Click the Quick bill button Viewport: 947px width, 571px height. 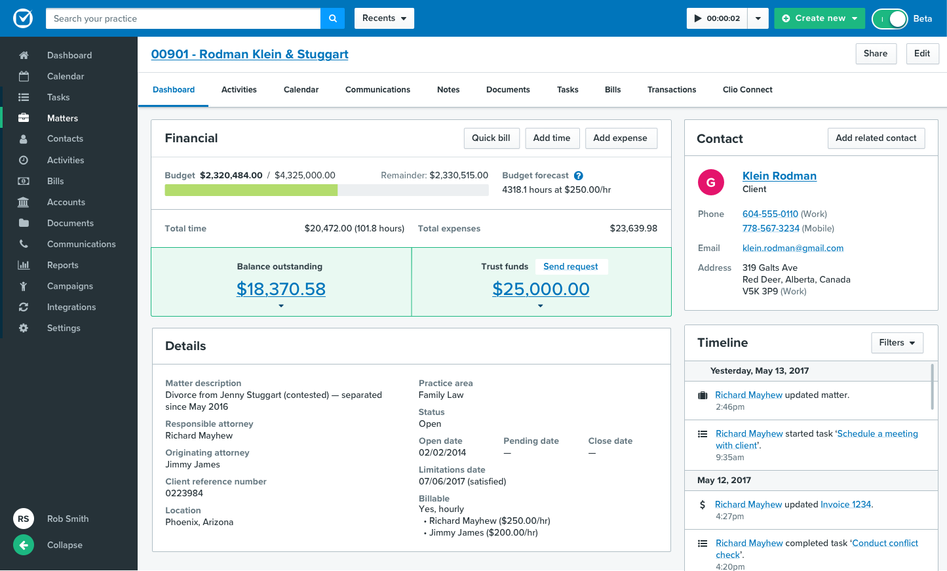pyautogui.click(x=491, y=138)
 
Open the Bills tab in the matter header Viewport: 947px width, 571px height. pyautogui.click(x=612, y=90)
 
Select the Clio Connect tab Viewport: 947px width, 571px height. pyautogui.click(x=747, y=90)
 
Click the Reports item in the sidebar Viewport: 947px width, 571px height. pyautogui.click(x=62, y=265)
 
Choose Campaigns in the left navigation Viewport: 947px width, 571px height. pyautogui.click(x=69, y=286)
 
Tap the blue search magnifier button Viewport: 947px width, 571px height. pyautogui.click(x=332, y=18)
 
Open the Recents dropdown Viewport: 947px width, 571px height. pyautogui.click(x=384, y=18)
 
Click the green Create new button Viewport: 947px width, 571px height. pyautogui.click(x=819, y=18)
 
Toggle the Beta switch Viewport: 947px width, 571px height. pyautogui.click(x=889, y=19)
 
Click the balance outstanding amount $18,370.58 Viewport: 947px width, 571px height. pyautogui.click(x=280, y=289)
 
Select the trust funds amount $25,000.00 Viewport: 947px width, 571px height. pyautogui.click(x=541, y=289)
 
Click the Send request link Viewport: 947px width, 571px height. pyautogui.click(x=570, y=267)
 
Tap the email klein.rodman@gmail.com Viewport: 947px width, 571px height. pyautogui.click(x=792, y=248)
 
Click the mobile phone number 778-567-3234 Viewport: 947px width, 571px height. pyautogui.click(x=771, y=228)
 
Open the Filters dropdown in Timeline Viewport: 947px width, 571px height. pyautogui.click(x=897, y=343)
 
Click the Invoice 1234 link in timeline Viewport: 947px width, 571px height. pyautogui.click(x=845, y=504)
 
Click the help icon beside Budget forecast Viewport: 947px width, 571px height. pyautogui.click(x=579, y=176)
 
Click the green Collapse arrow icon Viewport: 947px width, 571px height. pyautogui.click(x=24, y=545)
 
